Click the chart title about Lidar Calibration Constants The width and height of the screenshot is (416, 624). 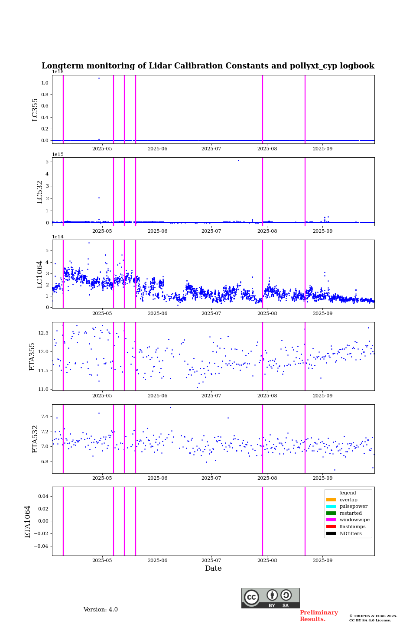(208, 66)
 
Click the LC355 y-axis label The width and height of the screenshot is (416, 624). (35, 110)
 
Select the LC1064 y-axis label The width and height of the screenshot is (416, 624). (40, 274)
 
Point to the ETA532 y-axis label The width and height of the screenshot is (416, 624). (35, 439)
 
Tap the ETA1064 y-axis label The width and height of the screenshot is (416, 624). (28, 521)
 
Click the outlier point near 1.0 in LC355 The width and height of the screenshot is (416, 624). (99, 78)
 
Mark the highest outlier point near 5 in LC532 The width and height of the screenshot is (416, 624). (238, 160)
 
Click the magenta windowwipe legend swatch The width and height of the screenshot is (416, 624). (331, 520)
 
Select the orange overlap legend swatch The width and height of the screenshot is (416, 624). (331, 500)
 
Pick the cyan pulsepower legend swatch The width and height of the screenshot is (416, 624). (331, 506)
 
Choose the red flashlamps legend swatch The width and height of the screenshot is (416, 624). (331, 526)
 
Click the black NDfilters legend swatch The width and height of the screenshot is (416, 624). (331, 533)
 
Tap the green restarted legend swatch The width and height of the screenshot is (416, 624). (331, 513)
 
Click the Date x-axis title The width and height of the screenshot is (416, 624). (213, 569)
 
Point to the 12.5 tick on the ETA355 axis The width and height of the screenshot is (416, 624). (44, 333)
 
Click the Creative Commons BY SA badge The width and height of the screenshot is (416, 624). (270, 598)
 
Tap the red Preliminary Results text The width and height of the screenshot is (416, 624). (318, 616)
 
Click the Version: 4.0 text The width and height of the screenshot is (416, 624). (101, 610)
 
